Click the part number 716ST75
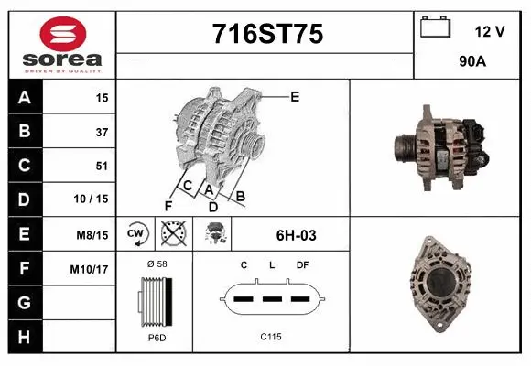pyautogui.click(x=266, y=35)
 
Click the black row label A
pyautogui.click(x=25, y=97)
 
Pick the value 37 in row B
pyautogui.click(x=101, y=132)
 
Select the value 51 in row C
pyautogui.click(x=101, y=166)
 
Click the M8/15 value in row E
pyautogui.click(x=92, y=235)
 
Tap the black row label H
pyautogui.click(x=25, y=338)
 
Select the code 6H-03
pyautogui.click(x=296, y=235)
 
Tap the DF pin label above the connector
pyautogui.click(x=302, y=264)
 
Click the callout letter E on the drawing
pyautogui.click(x=295, y=95)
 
